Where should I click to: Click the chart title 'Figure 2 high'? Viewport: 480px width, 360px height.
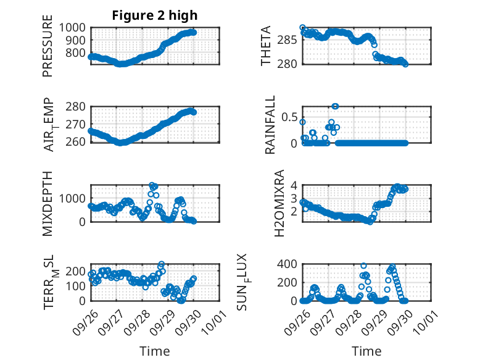154,15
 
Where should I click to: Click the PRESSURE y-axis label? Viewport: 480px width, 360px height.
48,51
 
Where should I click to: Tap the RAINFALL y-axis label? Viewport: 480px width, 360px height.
270,125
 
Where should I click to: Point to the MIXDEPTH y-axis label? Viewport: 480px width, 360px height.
48,203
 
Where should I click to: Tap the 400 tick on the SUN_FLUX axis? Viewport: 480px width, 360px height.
289,264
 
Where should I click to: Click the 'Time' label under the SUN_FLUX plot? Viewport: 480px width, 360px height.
366,351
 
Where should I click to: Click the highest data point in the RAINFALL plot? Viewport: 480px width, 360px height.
335,106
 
